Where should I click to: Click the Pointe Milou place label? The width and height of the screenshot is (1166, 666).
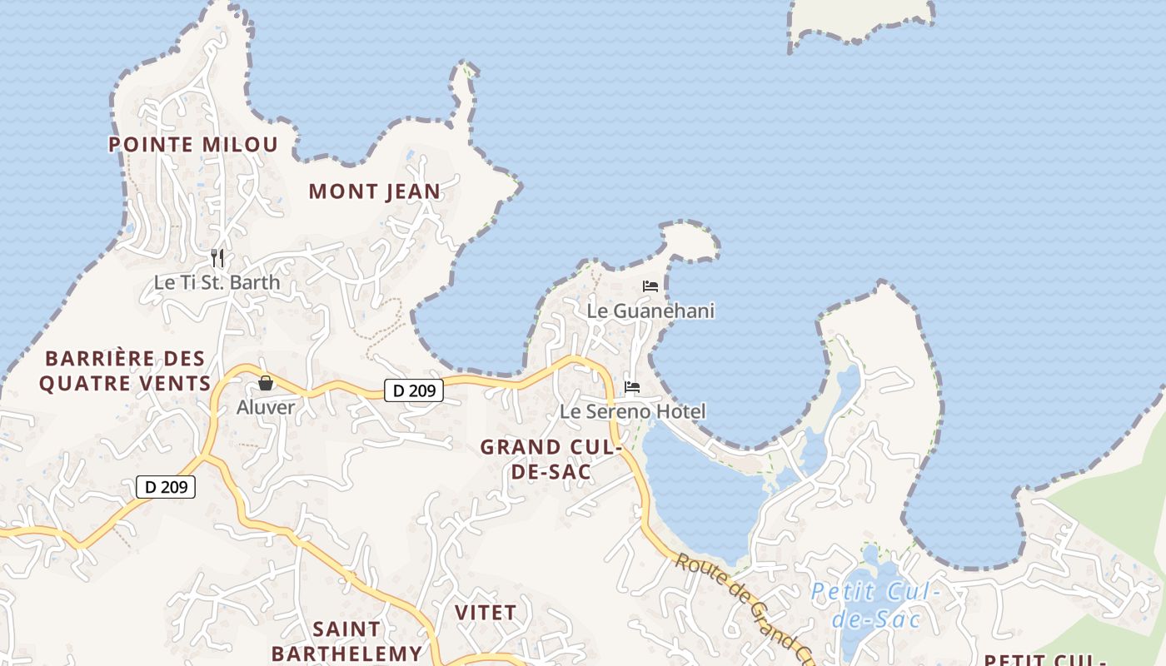pos(193,145)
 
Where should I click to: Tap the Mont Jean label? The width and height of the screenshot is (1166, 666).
pos(374,191)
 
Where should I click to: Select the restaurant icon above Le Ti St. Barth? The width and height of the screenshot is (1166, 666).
pos(217,258)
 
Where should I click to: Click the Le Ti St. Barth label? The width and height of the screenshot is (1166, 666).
pos(217,282)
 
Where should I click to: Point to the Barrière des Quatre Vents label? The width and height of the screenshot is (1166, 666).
pos(125,371)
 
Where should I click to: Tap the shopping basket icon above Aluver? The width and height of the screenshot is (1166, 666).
pos(266,383)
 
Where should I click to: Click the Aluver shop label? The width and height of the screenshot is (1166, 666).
pos(266,407)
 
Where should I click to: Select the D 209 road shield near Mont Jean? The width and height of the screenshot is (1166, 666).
pos(414,390)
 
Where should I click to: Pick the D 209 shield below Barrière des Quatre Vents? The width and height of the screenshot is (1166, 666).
pos(166,487)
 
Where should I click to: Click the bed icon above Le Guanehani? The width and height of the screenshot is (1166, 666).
pos(650,286)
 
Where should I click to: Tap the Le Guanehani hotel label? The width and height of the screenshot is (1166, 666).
pos(650,311)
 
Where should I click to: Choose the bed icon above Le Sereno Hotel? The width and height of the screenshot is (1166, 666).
pos(632,387)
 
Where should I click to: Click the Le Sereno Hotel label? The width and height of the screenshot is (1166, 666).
pos(632,411)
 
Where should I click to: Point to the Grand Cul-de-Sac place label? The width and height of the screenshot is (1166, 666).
pos(551,459)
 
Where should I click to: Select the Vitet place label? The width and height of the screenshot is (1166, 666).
pos(486,613)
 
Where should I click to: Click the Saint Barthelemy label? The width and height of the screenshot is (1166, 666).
pos(346,641)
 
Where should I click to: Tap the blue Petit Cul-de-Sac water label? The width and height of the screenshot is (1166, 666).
pos(875,605)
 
